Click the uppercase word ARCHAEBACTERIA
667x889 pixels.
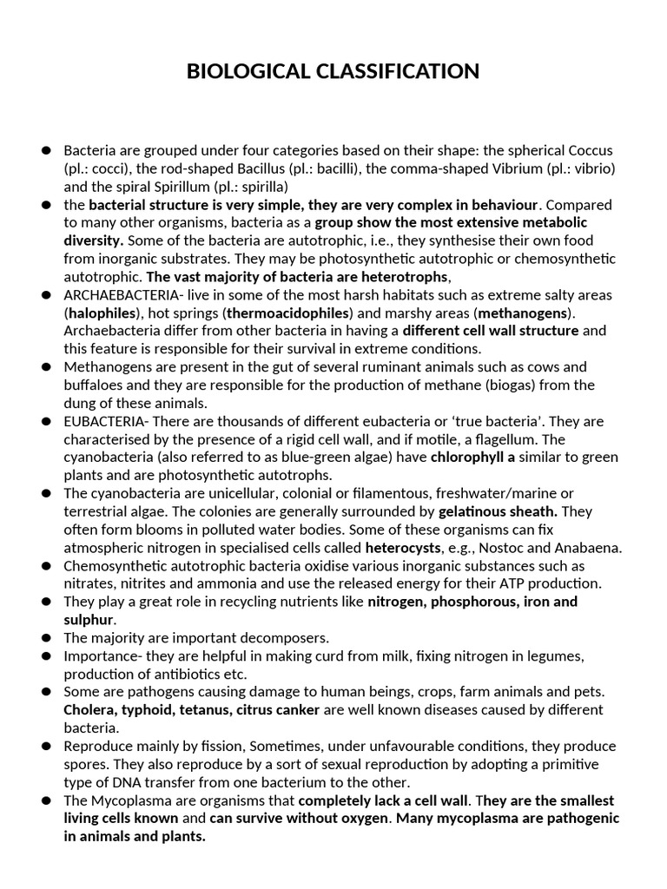coord(116,295)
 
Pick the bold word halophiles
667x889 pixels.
coord(102,313)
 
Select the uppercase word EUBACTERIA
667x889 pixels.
coord(100,421)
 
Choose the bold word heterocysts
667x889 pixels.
coord(404,548)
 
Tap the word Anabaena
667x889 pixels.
coord(591,548)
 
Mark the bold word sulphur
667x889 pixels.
coord(89,620)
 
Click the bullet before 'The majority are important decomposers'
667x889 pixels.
coord(45,638)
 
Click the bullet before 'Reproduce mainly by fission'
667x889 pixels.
coord(45,747)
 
